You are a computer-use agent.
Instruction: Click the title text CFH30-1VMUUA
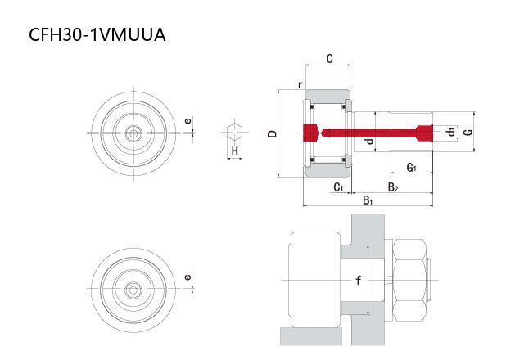point(97,34)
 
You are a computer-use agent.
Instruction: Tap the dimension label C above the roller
point(329,58)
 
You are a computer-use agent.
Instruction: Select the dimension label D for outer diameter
point(273,133)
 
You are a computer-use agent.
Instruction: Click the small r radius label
point(300,85)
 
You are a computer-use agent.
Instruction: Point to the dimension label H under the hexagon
point(235,151)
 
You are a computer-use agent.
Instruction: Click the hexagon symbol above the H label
point(235,132)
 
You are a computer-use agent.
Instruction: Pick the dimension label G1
point(411,167)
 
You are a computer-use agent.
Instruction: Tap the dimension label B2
point(393,187)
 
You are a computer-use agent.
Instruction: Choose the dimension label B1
point(368,200)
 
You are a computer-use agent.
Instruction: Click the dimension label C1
point(338,187)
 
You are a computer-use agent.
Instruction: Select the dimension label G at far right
point(469,132)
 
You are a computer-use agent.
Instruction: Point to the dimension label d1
point(451,132)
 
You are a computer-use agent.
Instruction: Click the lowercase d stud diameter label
point(369,142)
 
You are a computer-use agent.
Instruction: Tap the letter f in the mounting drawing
point(359,280)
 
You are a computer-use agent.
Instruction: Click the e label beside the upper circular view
point(188,120)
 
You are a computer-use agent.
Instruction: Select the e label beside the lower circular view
point(188,277)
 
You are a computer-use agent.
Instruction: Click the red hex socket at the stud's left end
point(311,133)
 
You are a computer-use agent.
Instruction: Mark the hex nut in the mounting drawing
point(409,280)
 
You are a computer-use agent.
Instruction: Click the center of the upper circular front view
point(133,133)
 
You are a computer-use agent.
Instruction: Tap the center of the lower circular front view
point(133,290)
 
